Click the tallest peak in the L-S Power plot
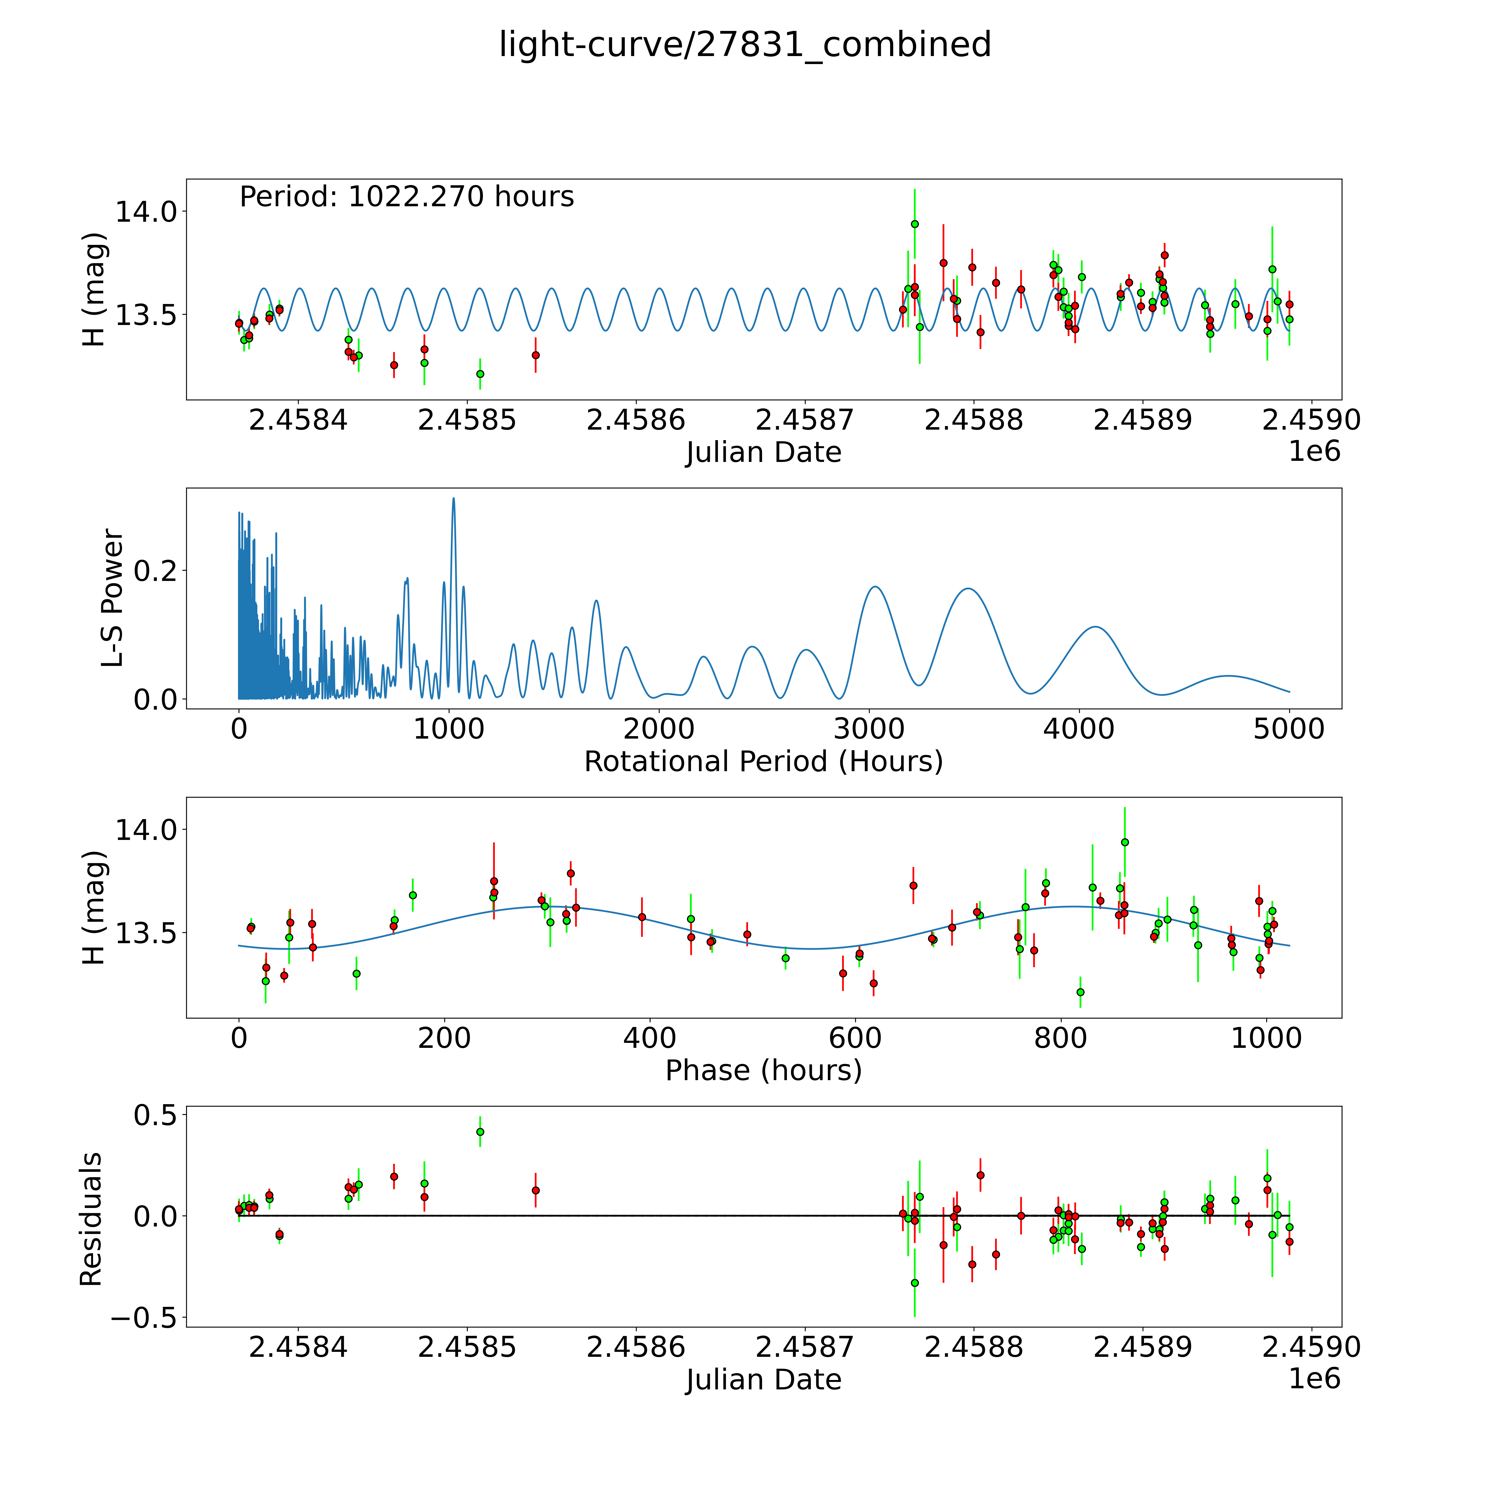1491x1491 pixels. [453, 499]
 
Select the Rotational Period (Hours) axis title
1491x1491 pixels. [763, 762]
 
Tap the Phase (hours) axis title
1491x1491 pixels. [763, 1070]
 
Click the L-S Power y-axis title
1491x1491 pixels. [113, 598]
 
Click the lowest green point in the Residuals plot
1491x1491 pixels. [914, 1283]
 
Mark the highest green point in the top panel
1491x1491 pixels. [914, 224]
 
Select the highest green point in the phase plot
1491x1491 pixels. [1124, 842]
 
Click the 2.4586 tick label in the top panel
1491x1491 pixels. [635, 421]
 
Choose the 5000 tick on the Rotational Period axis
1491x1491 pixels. [1289, 729]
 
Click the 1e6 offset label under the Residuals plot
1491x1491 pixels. [1314, 1378]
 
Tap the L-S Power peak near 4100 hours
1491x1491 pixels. [1094, 627]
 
